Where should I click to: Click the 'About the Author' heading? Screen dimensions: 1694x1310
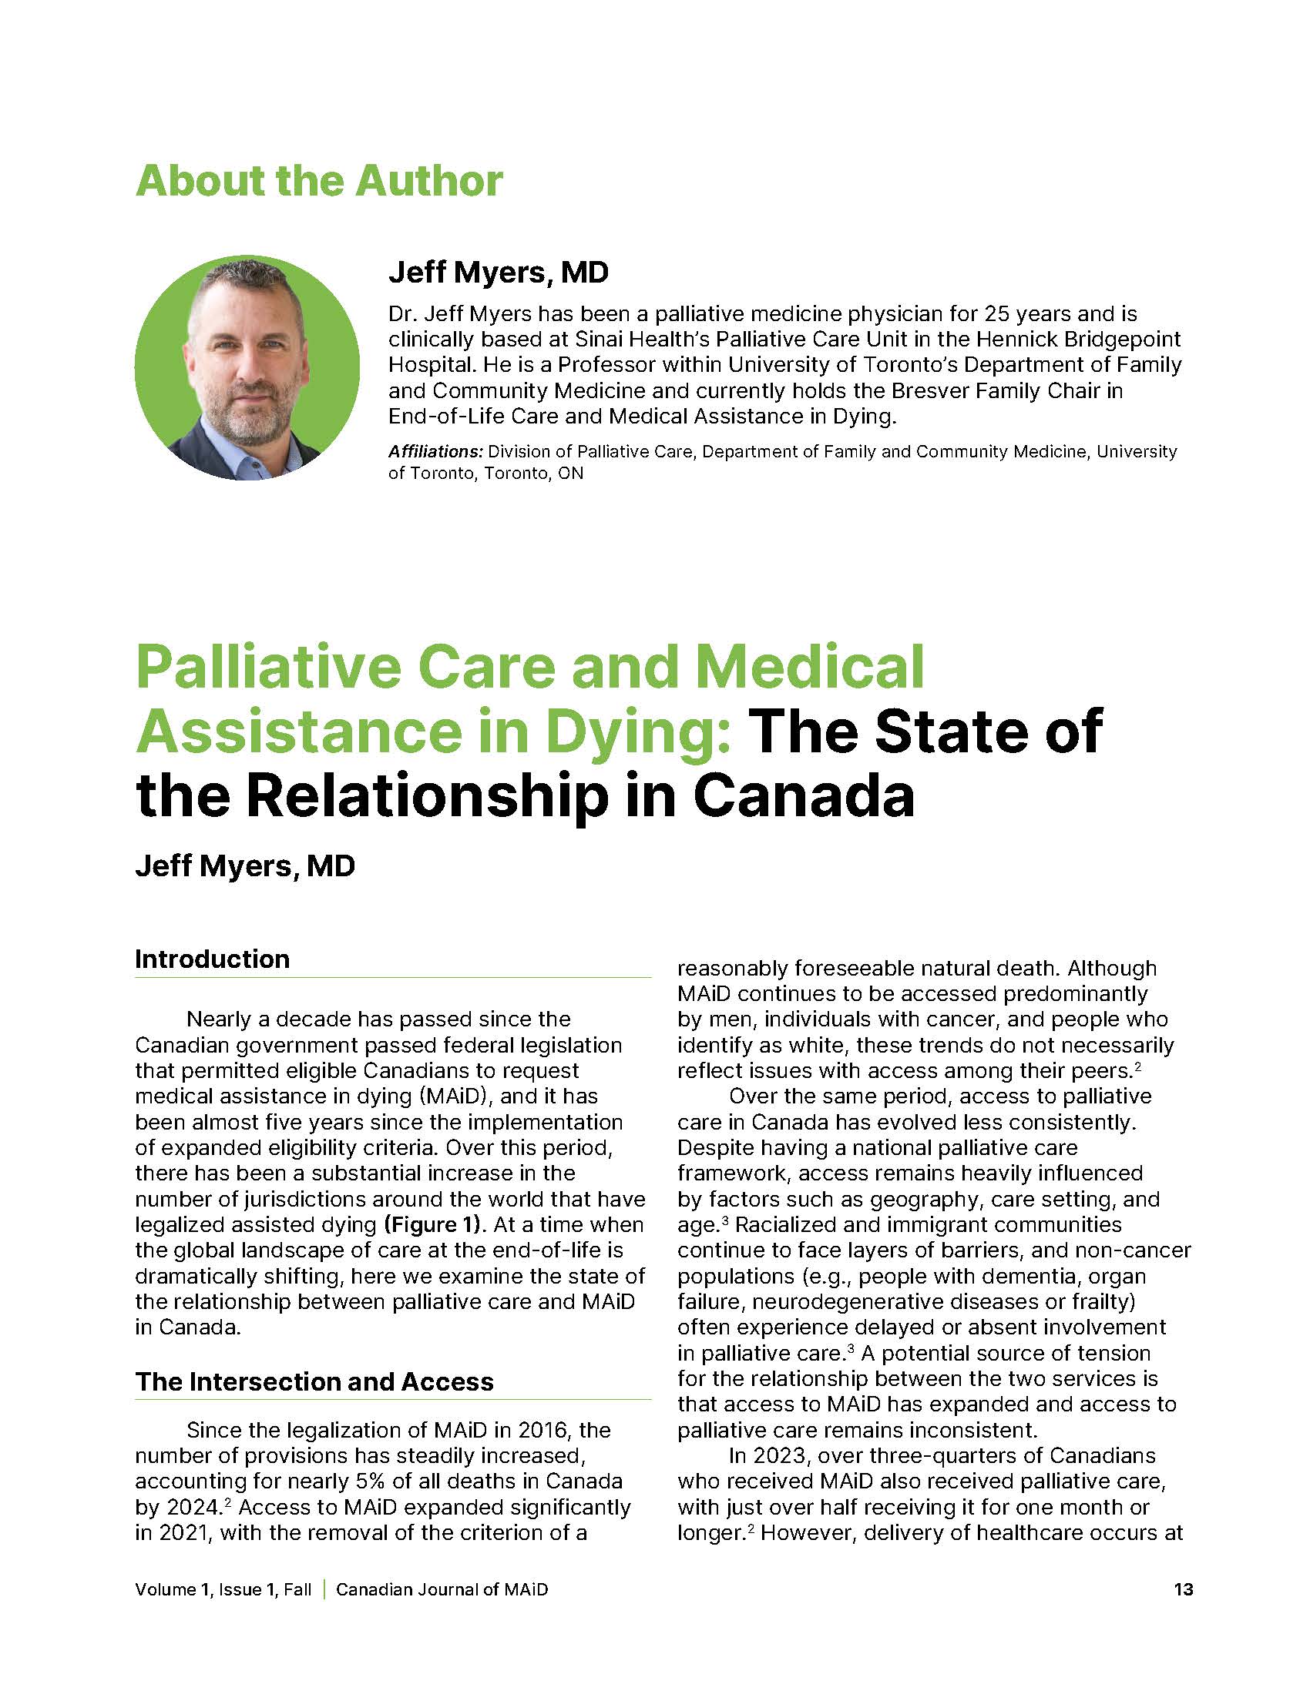[319, 181]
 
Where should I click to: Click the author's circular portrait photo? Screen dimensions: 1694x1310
[247, 367]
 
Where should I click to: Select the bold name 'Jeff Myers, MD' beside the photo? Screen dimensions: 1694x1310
[499, 273]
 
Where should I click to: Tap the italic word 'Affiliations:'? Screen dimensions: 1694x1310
[435, 451]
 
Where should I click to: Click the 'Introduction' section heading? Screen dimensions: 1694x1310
[212, 959]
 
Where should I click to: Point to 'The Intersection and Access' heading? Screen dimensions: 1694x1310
[314, 1381]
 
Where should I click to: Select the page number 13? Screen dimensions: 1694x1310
[1183, 1589]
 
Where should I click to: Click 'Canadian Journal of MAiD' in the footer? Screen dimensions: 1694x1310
[442, 1589]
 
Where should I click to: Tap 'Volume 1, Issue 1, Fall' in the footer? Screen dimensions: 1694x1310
[223, 1589]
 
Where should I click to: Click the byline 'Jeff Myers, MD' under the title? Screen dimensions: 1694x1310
[244, 865]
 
